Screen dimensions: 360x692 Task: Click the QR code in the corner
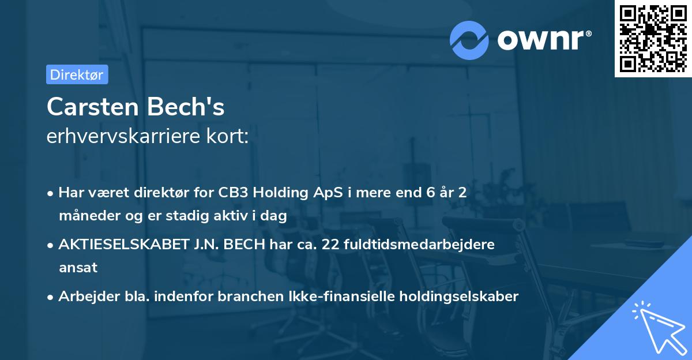click(x=653, y=38)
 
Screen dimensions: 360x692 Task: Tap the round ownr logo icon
click(x=469, y=40)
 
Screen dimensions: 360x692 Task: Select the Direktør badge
click(x=77, y=74)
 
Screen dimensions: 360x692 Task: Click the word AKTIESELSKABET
click(x=123, y=245)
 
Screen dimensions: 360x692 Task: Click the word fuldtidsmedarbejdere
click(x=419, y=245)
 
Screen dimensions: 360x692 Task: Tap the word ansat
click(x=78, y=268)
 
